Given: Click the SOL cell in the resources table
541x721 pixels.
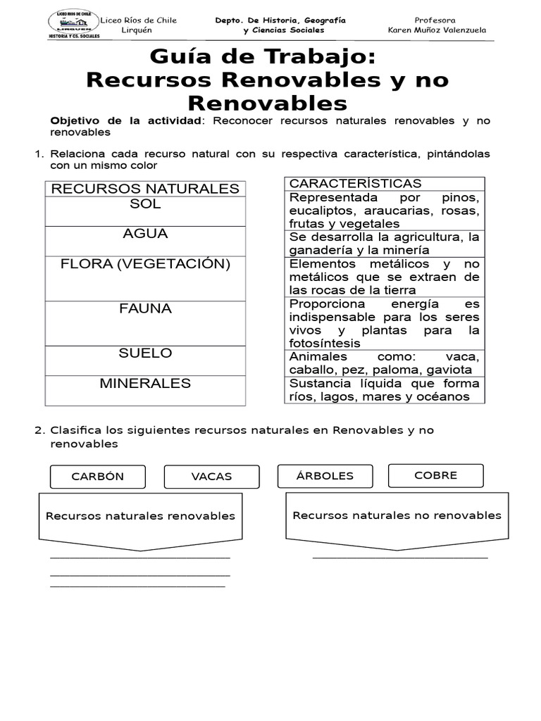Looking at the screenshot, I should click(145, 211).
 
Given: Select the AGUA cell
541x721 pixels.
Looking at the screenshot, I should click(145, 241).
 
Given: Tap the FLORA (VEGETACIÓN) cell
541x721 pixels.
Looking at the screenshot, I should click(145, 278).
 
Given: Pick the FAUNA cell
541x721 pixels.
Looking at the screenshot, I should click(145, 323).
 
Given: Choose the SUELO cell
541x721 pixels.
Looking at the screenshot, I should click(145, 360).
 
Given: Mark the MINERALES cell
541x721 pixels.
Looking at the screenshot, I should click(145, 390).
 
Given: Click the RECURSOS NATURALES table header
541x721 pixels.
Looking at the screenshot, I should click(145, 189).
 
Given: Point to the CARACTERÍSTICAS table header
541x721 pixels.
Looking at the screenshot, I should click(356, 184).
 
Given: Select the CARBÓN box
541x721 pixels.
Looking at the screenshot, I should click(97, 477).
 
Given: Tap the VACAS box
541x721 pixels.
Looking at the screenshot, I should click(211, 477).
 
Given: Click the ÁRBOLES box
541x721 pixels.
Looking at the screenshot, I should click(325, 475).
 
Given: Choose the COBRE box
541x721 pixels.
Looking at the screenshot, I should click(435, 475).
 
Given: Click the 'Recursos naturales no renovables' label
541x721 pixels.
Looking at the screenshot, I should click(397, 515).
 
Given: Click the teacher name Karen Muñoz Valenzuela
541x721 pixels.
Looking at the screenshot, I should click(437, 30).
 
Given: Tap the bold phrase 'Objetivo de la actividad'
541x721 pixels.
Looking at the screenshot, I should click(126, 121).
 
